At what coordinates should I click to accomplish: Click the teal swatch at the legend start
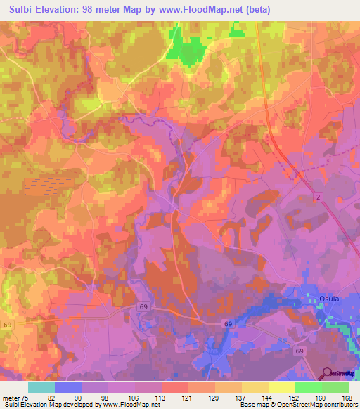click(x=41, y=387)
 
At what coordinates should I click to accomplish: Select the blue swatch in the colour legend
click(x=68, y=387)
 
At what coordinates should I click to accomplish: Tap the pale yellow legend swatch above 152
click(x=281, y=387)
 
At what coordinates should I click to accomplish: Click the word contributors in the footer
click(x=338, y=405)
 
